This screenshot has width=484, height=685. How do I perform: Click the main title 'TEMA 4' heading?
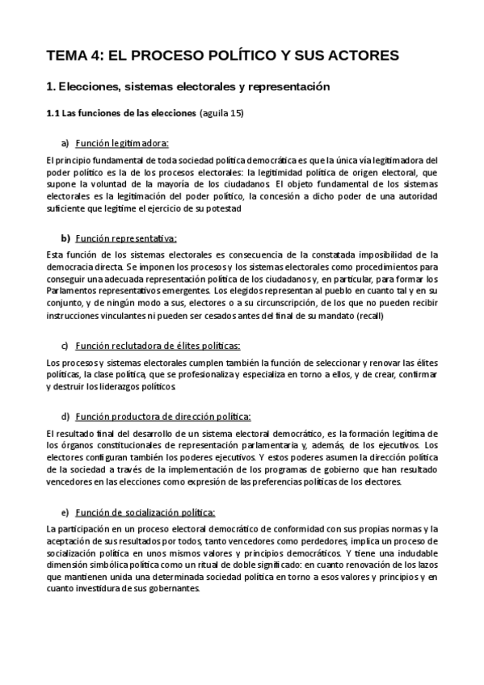coord(222,55)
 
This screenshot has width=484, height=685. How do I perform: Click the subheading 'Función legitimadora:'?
coord(122,143)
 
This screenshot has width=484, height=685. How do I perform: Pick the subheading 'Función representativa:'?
coord(126,238)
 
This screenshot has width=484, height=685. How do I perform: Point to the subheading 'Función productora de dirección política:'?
coord(163,417)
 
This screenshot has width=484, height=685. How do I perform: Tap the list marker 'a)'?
coord(65,143)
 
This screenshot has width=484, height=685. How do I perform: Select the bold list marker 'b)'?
coord(65,238)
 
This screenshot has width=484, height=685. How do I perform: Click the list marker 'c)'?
coord(65,346)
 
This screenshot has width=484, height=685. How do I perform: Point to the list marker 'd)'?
coord(65,417)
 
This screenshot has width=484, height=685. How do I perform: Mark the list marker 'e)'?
coord(65,512)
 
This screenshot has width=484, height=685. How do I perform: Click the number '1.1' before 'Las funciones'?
coord(53,113)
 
